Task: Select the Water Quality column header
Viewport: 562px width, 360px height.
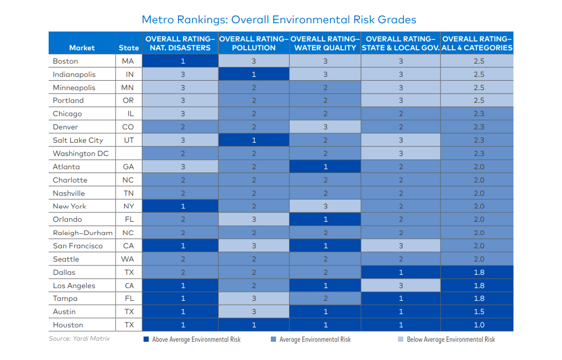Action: [325, 43]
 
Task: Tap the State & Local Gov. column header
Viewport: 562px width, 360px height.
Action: [401, 43]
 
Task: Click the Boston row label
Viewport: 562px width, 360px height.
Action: [65, 61]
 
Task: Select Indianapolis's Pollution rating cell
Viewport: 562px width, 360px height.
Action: [254, 74]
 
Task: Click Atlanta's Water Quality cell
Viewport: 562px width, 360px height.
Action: [325, 167]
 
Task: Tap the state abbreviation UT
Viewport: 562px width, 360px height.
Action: [129, 140]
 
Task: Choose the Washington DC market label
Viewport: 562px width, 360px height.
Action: [81, 154]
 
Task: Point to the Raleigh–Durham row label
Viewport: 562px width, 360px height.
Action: [83, 233]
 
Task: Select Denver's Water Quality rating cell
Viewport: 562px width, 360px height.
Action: [325, 127]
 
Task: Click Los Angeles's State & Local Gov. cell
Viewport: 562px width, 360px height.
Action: [401, 285]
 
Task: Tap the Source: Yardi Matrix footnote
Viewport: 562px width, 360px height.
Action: [79, 338]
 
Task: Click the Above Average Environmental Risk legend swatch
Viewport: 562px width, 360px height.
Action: [146, 339]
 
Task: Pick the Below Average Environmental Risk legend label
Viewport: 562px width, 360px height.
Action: [451, 339]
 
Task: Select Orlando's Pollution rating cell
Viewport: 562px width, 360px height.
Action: [254, 220]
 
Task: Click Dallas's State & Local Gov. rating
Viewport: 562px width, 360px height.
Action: [401, 272]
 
